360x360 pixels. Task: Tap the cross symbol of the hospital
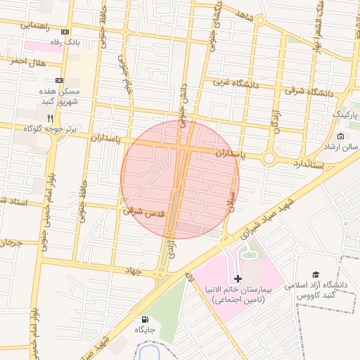(x=238, y=279)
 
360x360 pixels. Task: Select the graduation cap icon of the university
(x=316, y=275)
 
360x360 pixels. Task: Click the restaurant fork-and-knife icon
(x=50, y=117)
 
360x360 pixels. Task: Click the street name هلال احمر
(x=27, y=62)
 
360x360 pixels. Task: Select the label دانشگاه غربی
(x=231, y=83)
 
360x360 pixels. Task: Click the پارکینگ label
(x=345, y=113)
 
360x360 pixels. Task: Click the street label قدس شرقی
(x=143, y=210)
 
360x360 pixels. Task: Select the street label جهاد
(x=134, y=270)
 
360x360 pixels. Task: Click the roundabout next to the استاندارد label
(x=269, y=159)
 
